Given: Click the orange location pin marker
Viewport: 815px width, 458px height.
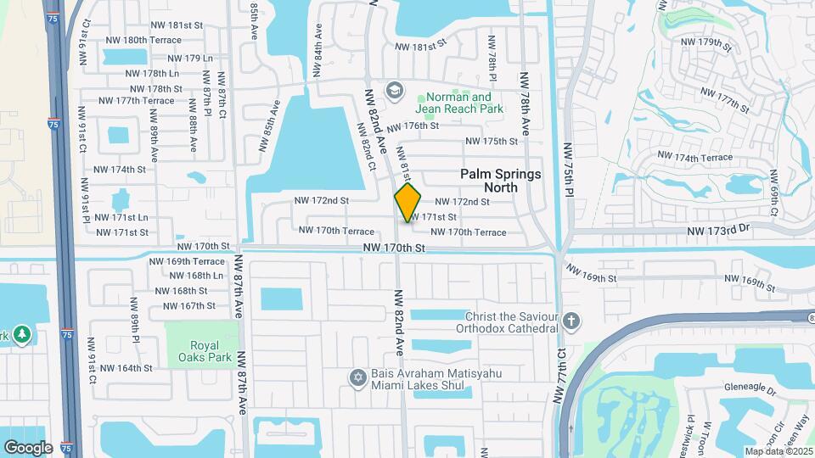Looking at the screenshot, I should pos(407,202).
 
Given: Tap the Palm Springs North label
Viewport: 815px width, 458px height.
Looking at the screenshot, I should pos(500,180).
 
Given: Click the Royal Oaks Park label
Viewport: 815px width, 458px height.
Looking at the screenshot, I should pos(199,352).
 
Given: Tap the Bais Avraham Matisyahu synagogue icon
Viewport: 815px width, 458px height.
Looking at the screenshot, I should pos(357,376).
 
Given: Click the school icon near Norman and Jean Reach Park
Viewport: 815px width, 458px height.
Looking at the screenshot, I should pos(394,89).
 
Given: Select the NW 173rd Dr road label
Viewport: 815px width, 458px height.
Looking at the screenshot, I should pos(719,230).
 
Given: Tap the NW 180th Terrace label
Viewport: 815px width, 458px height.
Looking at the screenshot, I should pos(140,40).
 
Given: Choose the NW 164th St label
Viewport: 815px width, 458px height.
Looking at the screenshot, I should pos(126,368).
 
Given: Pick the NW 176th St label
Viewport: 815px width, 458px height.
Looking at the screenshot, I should pos(413,126).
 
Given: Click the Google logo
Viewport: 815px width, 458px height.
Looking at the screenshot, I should pos(28,447).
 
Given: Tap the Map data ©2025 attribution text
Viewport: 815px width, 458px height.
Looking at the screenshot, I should pos(778,451).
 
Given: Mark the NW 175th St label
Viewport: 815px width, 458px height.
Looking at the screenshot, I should pos(492,142).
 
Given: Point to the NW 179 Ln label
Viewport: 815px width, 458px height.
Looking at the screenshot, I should pos(190,59).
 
